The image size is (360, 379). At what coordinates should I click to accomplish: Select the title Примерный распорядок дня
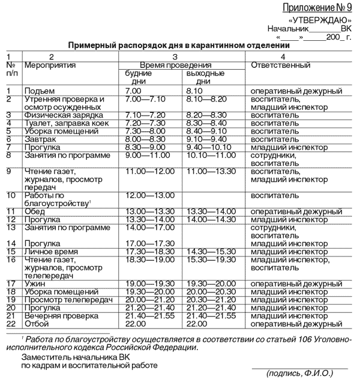[178, 45]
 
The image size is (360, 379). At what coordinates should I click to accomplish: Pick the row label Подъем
[37, 91]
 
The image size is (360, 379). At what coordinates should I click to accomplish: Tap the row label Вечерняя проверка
[61, 315]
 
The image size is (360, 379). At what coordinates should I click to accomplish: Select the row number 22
[10, 324]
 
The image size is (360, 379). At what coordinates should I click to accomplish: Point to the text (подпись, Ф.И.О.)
[299, 373]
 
